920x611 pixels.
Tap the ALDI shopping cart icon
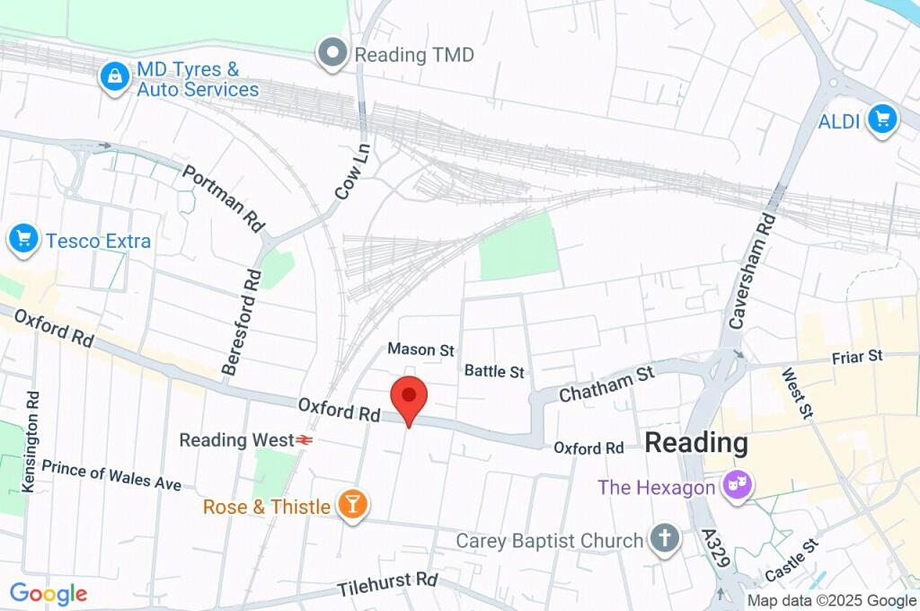click(882, 119)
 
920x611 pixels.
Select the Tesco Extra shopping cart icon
click(22, 240)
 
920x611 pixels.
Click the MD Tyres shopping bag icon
click(115, 77)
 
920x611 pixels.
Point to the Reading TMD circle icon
click(334, 54)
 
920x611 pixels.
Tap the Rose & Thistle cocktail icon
click(352, 506)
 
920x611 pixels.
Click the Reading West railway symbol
click(305, 440)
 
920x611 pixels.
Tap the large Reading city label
click(696, 442)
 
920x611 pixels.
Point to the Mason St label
click(420, 350)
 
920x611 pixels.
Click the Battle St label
click(494, 370)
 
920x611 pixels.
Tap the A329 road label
click(715, 552)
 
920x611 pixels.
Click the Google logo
click(48, 593)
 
